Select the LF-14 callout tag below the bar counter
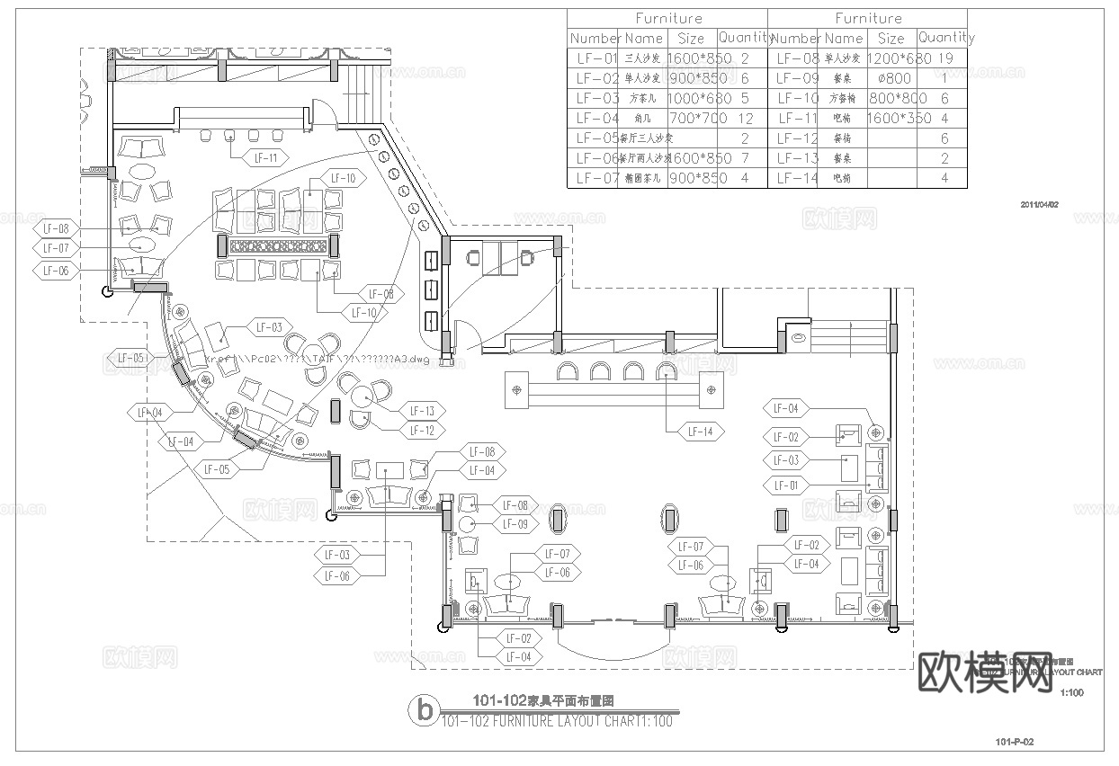pos(700,432)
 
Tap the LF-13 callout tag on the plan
pos(422,411)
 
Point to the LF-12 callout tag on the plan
pos(422,431)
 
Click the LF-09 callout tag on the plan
pos(515,524)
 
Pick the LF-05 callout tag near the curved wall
pos(217,468)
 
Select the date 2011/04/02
pos(1040,204)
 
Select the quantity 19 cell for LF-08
pos(944,58)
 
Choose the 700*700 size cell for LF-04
pos(691,118)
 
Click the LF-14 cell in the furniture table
pos(796,178)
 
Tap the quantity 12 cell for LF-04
pos(744,118)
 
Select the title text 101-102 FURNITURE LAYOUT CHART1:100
pos(557,720)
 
